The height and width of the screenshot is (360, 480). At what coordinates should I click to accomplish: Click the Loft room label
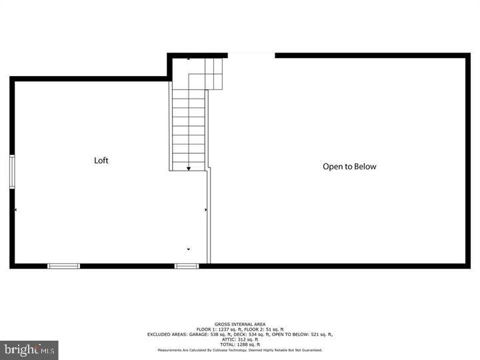pos(101,161)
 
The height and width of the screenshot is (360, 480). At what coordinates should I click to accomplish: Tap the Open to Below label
pos(349,167)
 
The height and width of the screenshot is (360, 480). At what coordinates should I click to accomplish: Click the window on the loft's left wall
pos(11,172)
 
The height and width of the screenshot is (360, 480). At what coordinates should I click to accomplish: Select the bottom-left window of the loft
pos(63,266)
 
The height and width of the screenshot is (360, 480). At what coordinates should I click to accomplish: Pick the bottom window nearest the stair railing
pos(187,266)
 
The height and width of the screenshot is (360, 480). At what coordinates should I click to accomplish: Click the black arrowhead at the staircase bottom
pos(189,169)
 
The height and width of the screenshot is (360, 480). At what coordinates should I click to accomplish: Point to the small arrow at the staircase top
pos(189,59)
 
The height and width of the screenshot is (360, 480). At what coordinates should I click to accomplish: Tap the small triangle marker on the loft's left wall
pos(15,210)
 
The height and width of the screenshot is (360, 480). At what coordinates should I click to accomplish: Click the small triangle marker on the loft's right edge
pos(206,210)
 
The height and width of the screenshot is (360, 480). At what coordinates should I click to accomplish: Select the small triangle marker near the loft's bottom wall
pos(189,250)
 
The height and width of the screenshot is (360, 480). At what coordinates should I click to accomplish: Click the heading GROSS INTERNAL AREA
pos(239,325)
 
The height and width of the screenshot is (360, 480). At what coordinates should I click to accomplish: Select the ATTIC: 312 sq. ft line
pos(239,339)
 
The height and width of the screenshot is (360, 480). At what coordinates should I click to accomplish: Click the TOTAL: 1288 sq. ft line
pos(239,343)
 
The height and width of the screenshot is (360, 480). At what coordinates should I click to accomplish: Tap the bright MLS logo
pos(29,349)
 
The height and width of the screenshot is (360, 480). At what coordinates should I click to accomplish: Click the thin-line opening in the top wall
pos(251,55)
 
